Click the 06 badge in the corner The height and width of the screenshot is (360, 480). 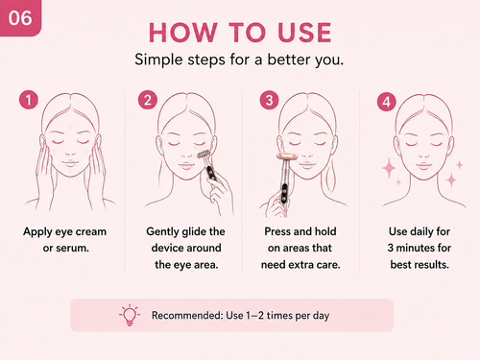tap(20, 18)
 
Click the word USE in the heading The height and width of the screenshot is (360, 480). tap(304, 33)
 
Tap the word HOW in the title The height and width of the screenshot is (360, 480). tap(182, 33)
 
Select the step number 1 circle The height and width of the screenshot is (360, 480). tap(29, 100)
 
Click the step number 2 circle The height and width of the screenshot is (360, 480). tap(148, 100)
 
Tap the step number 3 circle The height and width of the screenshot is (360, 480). tap(269, 100)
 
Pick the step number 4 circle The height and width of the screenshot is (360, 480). tap(387, 102)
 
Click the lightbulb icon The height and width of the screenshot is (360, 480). tap(130, 315)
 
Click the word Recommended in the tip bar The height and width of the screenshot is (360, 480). tap(187, 315)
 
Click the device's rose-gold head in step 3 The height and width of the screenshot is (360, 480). tap(287, 156)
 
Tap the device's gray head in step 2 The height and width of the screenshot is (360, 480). tap(204, 154)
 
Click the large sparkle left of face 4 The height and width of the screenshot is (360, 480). tap(389, 168)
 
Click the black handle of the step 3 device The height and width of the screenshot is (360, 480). tap(284, 193)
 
